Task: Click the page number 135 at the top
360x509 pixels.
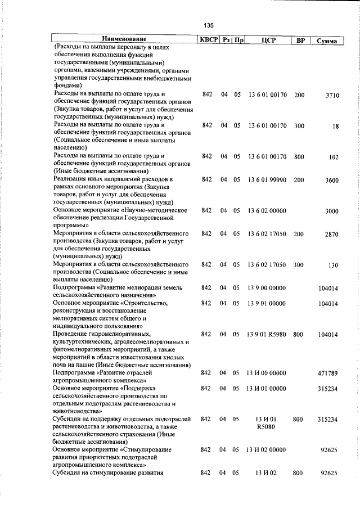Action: tap(209, 25)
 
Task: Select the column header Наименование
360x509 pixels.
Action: tap(124, 40)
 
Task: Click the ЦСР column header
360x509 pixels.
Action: tap(267, 40)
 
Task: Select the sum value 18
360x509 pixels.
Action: tap(335, 127)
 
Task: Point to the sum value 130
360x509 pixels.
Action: tap(333, 265)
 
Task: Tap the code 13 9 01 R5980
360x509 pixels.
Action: tap(267, 334)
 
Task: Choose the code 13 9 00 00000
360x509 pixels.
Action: tap(267, 287)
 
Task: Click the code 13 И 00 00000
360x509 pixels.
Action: tap(267, 388)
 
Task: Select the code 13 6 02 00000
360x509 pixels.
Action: tap(267, 210)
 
